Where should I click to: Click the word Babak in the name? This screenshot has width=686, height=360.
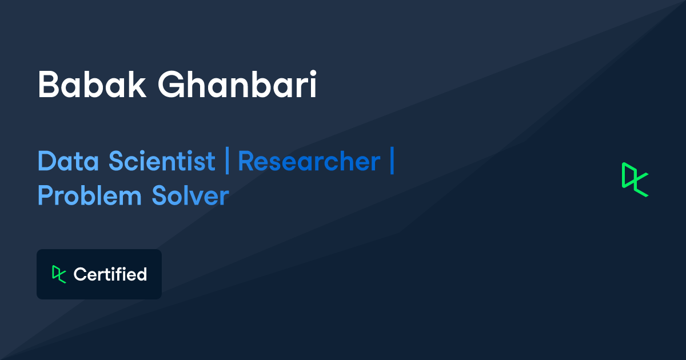(91, 85)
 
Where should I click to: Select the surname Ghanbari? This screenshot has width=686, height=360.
(237, 85)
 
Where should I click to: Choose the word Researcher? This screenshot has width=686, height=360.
(309, 162)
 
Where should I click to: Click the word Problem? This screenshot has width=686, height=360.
(89, 196)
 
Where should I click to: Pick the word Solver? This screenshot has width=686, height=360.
(190, 196)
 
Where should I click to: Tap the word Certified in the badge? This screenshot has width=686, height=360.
(110, 274)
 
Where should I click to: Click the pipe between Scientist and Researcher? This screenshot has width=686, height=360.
(227, 162)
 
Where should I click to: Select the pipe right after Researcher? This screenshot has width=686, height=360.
(392, 162)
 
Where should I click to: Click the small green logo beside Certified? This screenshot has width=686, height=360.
(59, 274)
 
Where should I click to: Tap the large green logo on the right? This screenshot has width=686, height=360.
(635, 179)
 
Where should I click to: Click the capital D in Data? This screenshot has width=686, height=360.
(46, 162)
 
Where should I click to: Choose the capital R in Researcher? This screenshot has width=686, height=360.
(246, 162)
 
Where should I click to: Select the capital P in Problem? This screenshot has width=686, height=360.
(46, 196)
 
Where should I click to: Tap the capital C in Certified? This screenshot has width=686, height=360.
(79, 274)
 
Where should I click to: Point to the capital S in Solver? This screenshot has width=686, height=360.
(160, 196)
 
